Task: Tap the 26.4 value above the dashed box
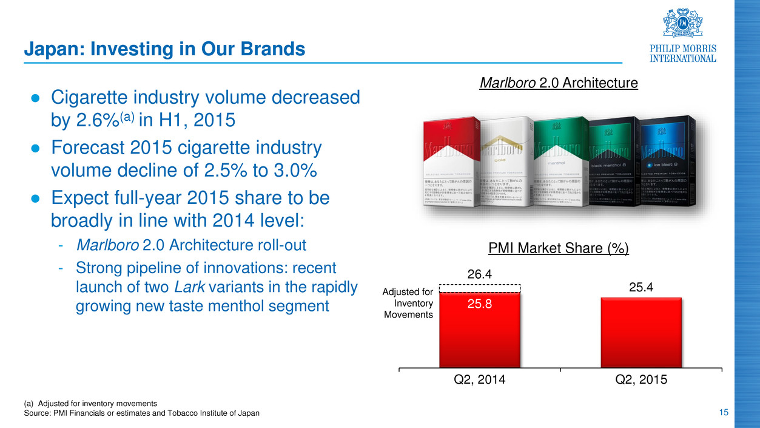click(480, 276)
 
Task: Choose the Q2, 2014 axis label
click(480, 380)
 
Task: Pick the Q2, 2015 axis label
click(641, 380)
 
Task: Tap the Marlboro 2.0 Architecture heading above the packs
click(559, 83)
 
